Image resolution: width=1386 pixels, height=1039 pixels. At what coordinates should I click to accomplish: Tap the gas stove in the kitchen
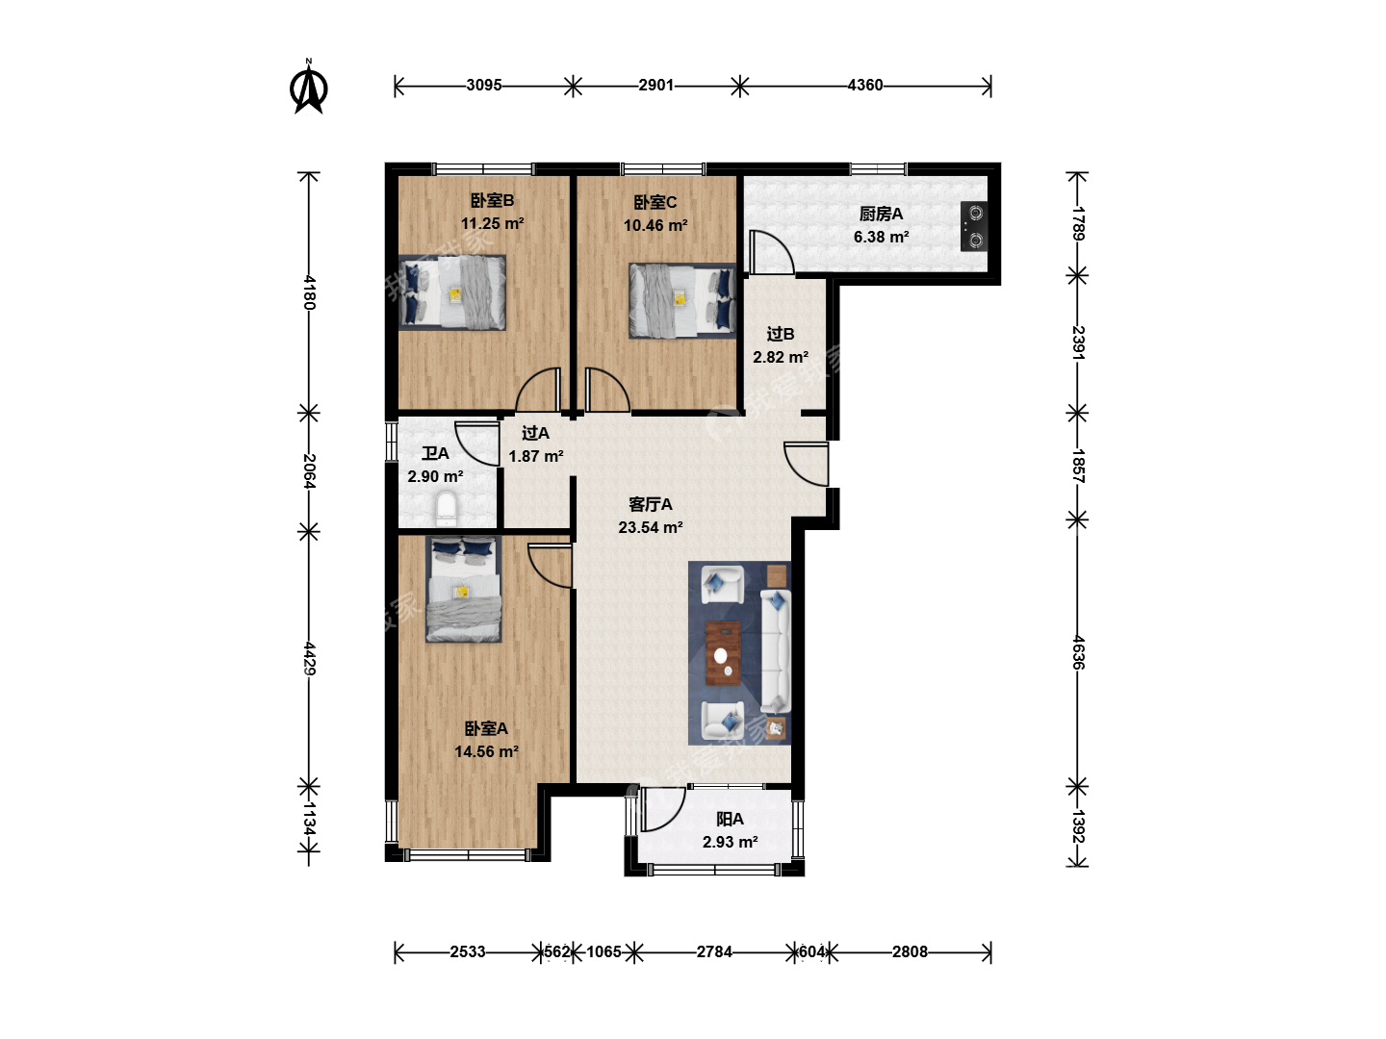[x=974, y=226]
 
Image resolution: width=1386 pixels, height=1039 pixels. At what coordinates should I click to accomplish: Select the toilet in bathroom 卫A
[x=447, y=509]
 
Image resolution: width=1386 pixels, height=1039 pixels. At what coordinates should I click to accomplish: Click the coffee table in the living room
[x=723, y=653]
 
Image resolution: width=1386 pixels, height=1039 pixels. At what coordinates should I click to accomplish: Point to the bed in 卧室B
[x=452, y=292]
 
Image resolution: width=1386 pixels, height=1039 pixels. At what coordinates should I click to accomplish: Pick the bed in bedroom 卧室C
[x=682, y=300]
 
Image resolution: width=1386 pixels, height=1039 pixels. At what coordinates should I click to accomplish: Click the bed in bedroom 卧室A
[x=464, y=589]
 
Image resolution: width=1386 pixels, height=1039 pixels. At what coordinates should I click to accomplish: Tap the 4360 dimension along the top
[x=865, y=86]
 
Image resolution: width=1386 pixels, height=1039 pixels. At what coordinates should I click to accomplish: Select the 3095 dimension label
[x=484, y=86]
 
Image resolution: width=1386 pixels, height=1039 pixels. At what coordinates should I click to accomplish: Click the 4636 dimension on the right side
[x=1078, y=652]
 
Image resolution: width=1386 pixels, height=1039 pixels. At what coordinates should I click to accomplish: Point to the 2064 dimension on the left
[x=309, y=470]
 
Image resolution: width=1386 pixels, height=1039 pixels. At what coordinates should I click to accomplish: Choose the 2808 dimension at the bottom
[x=910, y=951]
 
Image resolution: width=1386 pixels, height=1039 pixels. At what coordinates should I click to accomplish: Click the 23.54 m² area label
[x=651, y=527]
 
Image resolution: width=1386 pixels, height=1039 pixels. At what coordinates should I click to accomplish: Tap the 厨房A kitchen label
[x=881, y=214]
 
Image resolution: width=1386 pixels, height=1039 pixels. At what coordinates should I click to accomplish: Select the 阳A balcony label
[x=730, y=819]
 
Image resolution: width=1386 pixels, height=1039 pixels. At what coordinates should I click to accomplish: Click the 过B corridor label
[x=781, y=334]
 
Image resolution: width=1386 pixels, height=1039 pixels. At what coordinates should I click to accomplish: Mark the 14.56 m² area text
[x=486, y=751]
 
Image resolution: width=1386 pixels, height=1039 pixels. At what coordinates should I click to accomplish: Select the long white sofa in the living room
[x=776, y=650]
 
